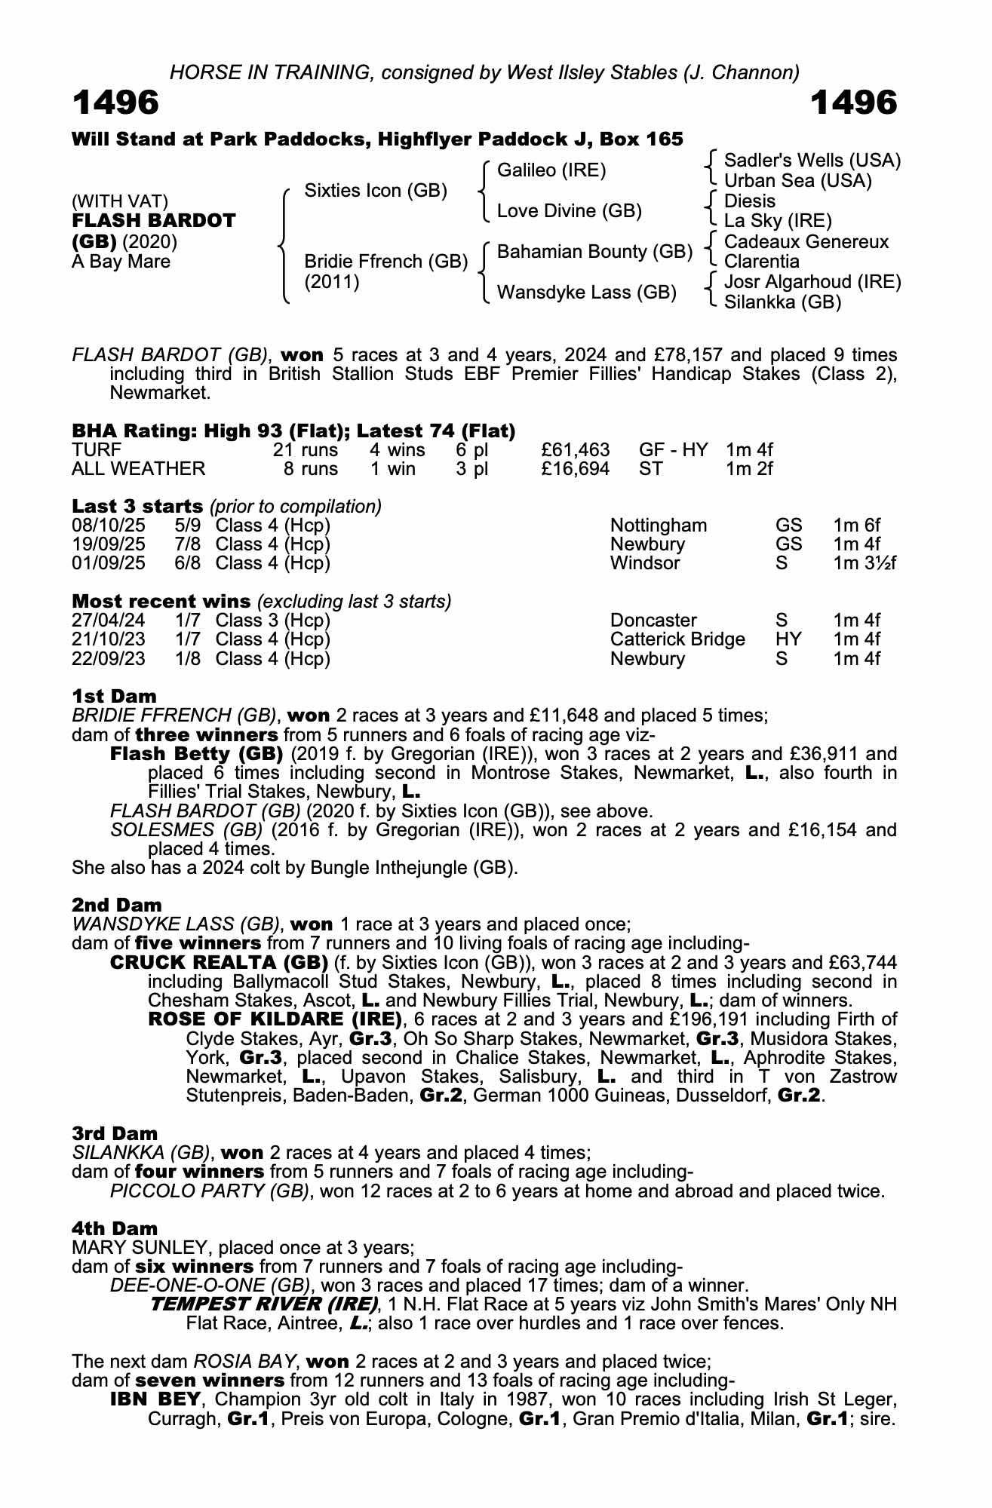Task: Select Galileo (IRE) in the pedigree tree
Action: pyautogui.click(x=551, y=170)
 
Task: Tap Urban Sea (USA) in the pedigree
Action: pyautogui.click(x=797, y=181)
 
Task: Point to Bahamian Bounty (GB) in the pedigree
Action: pyautogui.click(x=594, y=252)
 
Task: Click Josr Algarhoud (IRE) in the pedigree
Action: pyautogui.click(x=812, y=282)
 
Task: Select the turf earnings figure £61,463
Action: pyautogui.click(x=576, y=450)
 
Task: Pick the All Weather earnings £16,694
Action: pyautogui.click(x=576, y=469)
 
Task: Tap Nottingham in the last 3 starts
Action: pyautogui.click(x=659, y=526)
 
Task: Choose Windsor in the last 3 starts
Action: pyautogui.click(x=645, y=563)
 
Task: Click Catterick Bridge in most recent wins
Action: pyautogui.click(x=677, y=639)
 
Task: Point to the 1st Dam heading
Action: pyautogui.click(x=114, y=696)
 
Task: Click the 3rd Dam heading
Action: pyautogui.click(x=115, y=1133)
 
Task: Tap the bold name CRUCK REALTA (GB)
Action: pyautogui.click(x=219, y=963)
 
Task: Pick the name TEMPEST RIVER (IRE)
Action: pyautogui.click(x=264, y=1304)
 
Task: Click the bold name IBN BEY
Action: pyautogui.click(x=155, y=1399)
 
